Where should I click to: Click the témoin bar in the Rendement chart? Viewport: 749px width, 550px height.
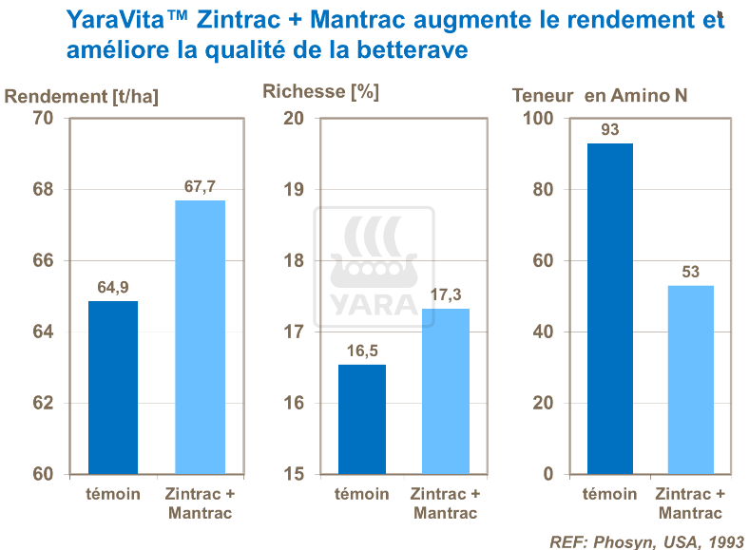[x=113, y=387]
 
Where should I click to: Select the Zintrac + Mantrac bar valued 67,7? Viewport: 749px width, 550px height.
[x=200, y=336]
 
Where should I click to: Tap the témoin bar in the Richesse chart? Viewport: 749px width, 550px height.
[x=361, y=419]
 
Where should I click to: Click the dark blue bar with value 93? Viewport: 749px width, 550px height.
[x=609, y=308]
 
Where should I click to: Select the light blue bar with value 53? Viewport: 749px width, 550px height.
[x=690, y=379]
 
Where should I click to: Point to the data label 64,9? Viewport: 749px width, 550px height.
[x=113, y=287]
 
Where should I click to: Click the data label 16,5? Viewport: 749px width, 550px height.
[x=361, y=351]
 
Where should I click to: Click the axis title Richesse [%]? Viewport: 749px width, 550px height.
[x=320, y=92]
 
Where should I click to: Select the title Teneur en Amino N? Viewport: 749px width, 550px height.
[x=599, y=96]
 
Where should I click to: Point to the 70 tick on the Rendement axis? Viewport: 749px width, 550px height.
[x=43, y=118]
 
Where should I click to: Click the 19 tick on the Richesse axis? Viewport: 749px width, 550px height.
[x=294, y=189]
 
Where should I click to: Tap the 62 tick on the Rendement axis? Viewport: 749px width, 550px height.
[x=43, y=403]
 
